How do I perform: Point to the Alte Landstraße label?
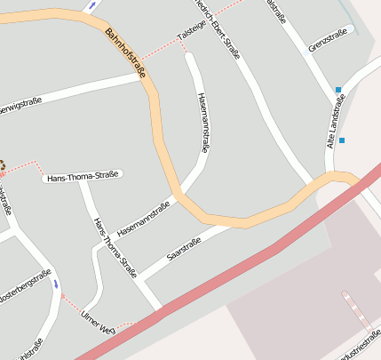[336, 121]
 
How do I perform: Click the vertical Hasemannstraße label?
[203, 124]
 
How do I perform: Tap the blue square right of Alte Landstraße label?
[342, 140]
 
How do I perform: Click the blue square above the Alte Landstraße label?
[337, 89]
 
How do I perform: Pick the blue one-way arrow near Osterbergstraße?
[57, 284]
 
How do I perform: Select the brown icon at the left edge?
[3, 164]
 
